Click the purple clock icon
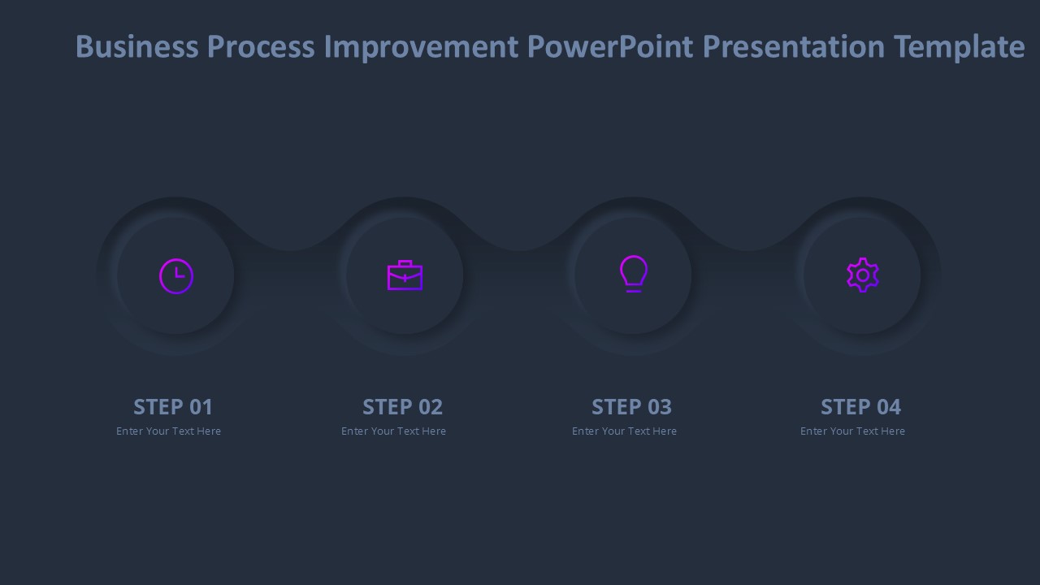tap(176, 276)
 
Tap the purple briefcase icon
tap(405, 275)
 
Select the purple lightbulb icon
tap(634, 274)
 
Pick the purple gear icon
tap(862, 275)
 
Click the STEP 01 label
tap(173, 406)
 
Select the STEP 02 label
tap(402, 406)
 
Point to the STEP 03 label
tap(631, 406)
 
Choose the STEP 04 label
tap(860, 406)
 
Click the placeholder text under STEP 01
tap(168, 431)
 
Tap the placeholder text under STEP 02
tap(393, 431)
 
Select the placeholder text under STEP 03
tap(624, 431)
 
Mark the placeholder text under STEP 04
tap(852, 431)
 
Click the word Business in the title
tap(136, 47)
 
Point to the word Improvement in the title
tap(421, 47)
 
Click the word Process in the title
tap(261, 47)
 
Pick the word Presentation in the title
tap(793, 47)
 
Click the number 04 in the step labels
tap(888, 406)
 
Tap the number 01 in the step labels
tap(200, 406)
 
